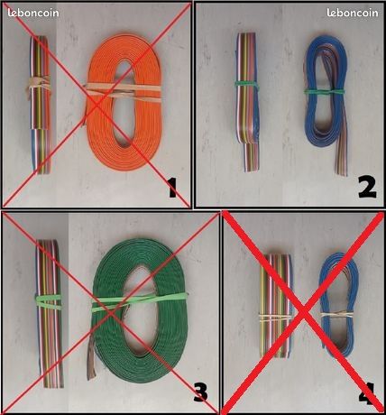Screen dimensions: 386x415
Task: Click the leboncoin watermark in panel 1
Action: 33,13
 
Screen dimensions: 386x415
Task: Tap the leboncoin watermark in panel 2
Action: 353,13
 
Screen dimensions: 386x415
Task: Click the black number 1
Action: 172,188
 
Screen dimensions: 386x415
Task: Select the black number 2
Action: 367,188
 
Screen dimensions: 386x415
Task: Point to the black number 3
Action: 201,392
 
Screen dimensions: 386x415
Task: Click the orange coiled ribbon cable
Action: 124,102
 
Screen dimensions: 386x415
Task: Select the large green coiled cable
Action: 140,309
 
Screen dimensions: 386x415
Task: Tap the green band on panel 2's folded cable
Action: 247,84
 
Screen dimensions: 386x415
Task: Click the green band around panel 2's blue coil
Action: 325,91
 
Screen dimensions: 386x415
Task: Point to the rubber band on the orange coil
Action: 124,91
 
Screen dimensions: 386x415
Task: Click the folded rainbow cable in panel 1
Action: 41,105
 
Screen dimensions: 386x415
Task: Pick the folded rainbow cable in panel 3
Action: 50,313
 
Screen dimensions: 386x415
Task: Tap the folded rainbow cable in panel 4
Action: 276,306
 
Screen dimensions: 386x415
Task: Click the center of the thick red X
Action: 304,313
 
